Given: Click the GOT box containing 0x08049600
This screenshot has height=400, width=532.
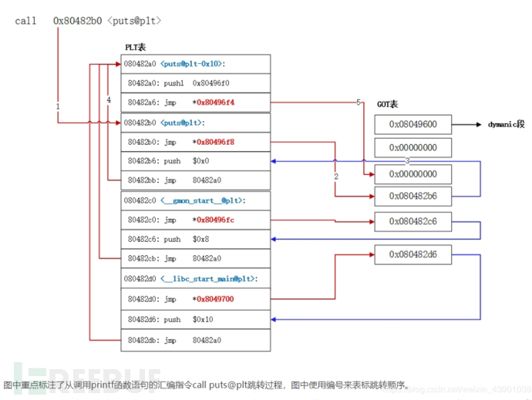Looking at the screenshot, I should [412, 124].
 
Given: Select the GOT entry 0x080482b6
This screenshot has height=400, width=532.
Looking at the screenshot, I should [412, 197].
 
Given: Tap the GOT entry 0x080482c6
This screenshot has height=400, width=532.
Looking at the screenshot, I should [412, 222].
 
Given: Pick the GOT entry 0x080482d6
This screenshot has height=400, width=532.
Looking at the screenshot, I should [412, 254].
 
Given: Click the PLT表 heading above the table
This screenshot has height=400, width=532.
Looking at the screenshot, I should [136, 47].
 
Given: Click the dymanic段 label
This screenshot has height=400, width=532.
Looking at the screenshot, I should [505, 124].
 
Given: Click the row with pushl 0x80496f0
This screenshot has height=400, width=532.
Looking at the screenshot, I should [195, 82].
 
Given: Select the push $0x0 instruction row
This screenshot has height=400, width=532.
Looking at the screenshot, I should [195, 161].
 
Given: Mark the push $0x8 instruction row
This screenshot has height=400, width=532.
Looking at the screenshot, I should [195, 239].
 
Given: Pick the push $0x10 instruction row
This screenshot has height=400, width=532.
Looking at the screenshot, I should [195, 319].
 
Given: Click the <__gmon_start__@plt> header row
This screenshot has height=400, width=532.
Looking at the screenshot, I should [195, 200].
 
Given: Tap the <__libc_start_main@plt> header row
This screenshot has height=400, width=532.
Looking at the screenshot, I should [195, 279].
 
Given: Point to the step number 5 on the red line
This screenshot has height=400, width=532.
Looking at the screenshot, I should [358, 103].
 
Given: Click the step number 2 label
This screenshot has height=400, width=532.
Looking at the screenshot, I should [335, 176].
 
